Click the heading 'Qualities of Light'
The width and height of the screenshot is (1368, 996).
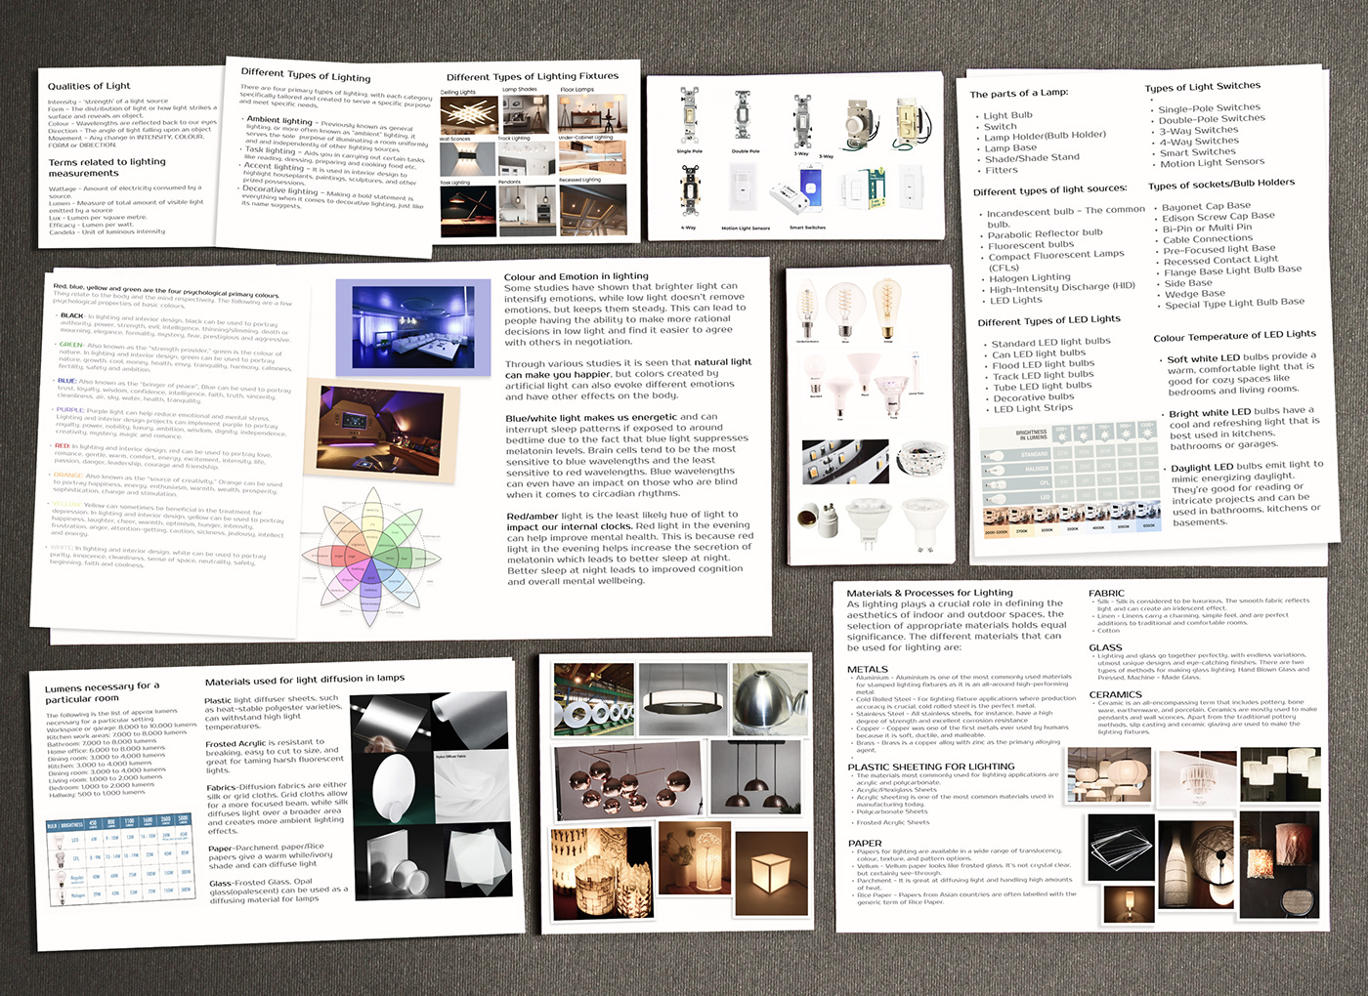pyautogui.click(x=89, y=86)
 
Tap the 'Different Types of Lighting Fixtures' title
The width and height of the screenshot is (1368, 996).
pyautogui.click(x=533, y=76)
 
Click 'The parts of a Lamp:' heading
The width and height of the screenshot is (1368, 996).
pyautogui.click(x=1019, y=94)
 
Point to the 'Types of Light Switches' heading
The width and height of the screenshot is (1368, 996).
pyautogui.click(x=1203, y=87)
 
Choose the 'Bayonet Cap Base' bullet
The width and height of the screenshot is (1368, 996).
pyautogui.click(x=1206, y=206)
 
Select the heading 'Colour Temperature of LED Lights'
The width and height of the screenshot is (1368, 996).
pyautogui.click(x=1234, y=336)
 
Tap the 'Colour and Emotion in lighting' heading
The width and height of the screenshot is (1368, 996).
pyautogui.click(x=576, y=276)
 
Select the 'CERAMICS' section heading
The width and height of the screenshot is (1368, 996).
pyautogui.click(x=1115, y=694)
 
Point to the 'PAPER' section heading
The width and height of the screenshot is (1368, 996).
pyautogui.click(x=864, y=843)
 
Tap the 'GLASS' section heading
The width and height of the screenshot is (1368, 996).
pyautogui.click(x=1105, y=647)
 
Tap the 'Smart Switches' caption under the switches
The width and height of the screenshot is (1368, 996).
pyautogui.click(x=807, y=228)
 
